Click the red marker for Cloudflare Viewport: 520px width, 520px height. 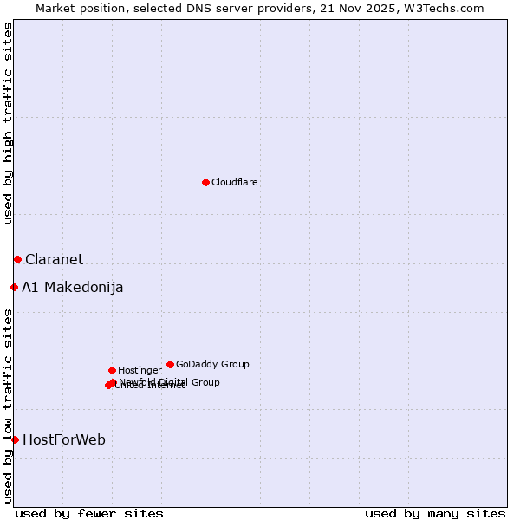tap(205, 182)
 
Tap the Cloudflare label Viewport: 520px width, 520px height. tap(234, 182)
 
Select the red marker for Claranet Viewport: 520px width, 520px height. tap(17, 259)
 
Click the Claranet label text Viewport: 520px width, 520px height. tap(54, 259)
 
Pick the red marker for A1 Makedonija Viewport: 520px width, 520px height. tap(14, 287)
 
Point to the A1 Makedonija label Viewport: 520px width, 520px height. tap(72, 287)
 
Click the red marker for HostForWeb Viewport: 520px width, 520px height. tap(15, 439)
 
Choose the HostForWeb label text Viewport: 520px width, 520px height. tap(64, 439)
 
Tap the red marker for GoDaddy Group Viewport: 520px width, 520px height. tap(170, 364)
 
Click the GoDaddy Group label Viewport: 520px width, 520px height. tap(212, 364)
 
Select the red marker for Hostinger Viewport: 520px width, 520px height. tap(112, 370)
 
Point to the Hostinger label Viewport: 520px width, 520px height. tap(140, 370)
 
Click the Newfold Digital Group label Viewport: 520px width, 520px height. tap(170, 381)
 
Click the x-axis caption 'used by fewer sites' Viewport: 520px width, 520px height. tap(89, 513)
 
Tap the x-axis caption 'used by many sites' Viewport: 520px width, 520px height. tap(435, 513)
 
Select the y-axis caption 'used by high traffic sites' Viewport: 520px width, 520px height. tap(8, 123)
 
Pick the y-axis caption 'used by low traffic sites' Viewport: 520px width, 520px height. tap(8, 405)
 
